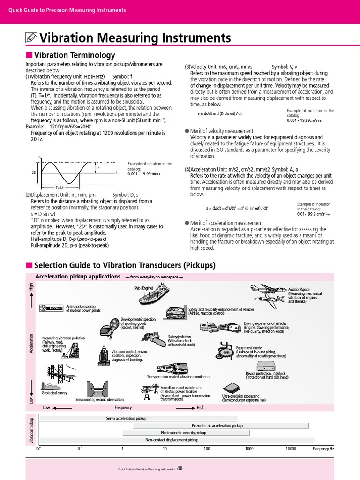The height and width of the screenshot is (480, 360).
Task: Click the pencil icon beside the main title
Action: point(31,37)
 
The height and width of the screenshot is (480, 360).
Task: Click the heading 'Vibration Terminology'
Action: point(75,55)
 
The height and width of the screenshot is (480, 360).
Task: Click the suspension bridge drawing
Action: point(60,373)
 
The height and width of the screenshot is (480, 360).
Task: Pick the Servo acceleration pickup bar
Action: point(139,418)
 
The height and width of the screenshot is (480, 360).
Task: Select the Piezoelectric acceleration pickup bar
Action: point(224,426)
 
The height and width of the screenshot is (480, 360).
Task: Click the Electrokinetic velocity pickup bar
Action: point(183,433)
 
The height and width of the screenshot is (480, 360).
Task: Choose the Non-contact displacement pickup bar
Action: point(172,440)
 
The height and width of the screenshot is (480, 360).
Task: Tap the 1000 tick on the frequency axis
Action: point(249,449)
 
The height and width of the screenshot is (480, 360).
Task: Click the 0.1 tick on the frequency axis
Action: point(80,449)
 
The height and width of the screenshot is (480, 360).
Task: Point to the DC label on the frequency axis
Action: point(38,449)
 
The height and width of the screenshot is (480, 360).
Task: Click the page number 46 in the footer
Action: point(180,468)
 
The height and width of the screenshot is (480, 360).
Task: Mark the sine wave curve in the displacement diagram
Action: point(68,172)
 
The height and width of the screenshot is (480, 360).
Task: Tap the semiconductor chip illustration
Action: point(230,388)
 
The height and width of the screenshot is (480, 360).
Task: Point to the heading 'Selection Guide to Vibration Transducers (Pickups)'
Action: point(125,265)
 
